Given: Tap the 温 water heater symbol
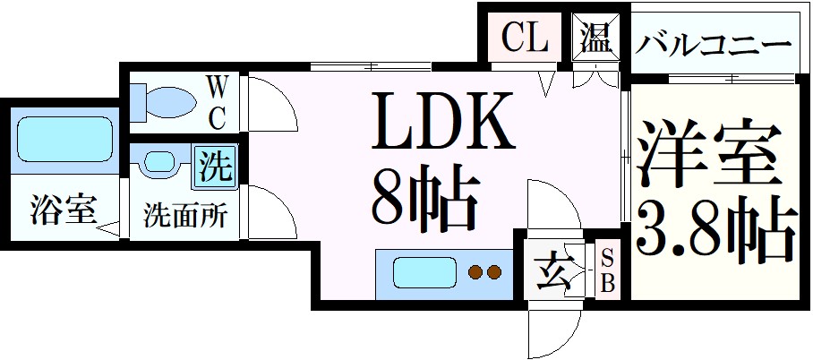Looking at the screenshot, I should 595,39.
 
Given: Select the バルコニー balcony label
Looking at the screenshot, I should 713,43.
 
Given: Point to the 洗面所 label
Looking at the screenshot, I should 185,216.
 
